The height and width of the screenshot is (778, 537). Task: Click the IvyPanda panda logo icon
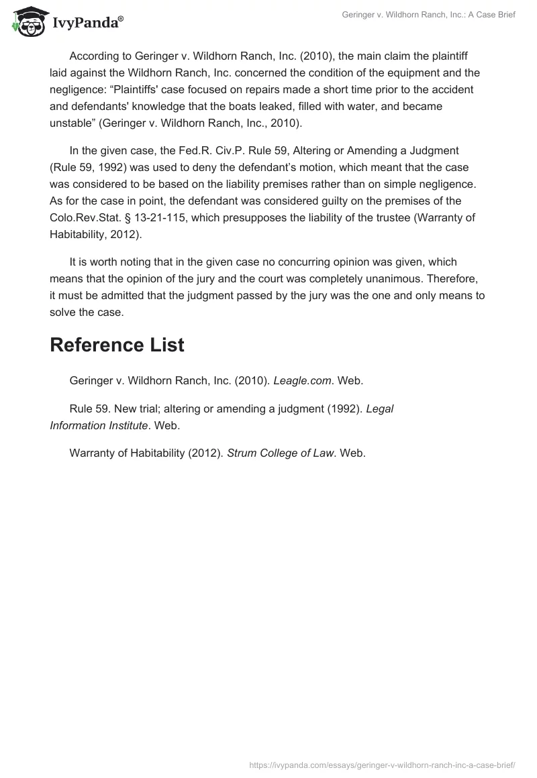pyautogui.click(x=27, y=21)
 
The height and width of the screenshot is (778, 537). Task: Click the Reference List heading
pyautogui.click(x=117, y=345)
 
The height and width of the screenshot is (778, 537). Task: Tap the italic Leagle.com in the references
pyautogui.click(x=302, y=381)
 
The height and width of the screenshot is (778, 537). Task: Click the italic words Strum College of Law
pyautogui.click(x=281, y=453)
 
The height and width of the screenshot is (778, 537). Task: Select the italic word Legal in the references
pyautogui.click(x=380, y=409)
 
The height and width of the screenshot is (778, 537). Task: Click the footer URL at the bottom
pyautogui.click(x=381, y=765)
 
